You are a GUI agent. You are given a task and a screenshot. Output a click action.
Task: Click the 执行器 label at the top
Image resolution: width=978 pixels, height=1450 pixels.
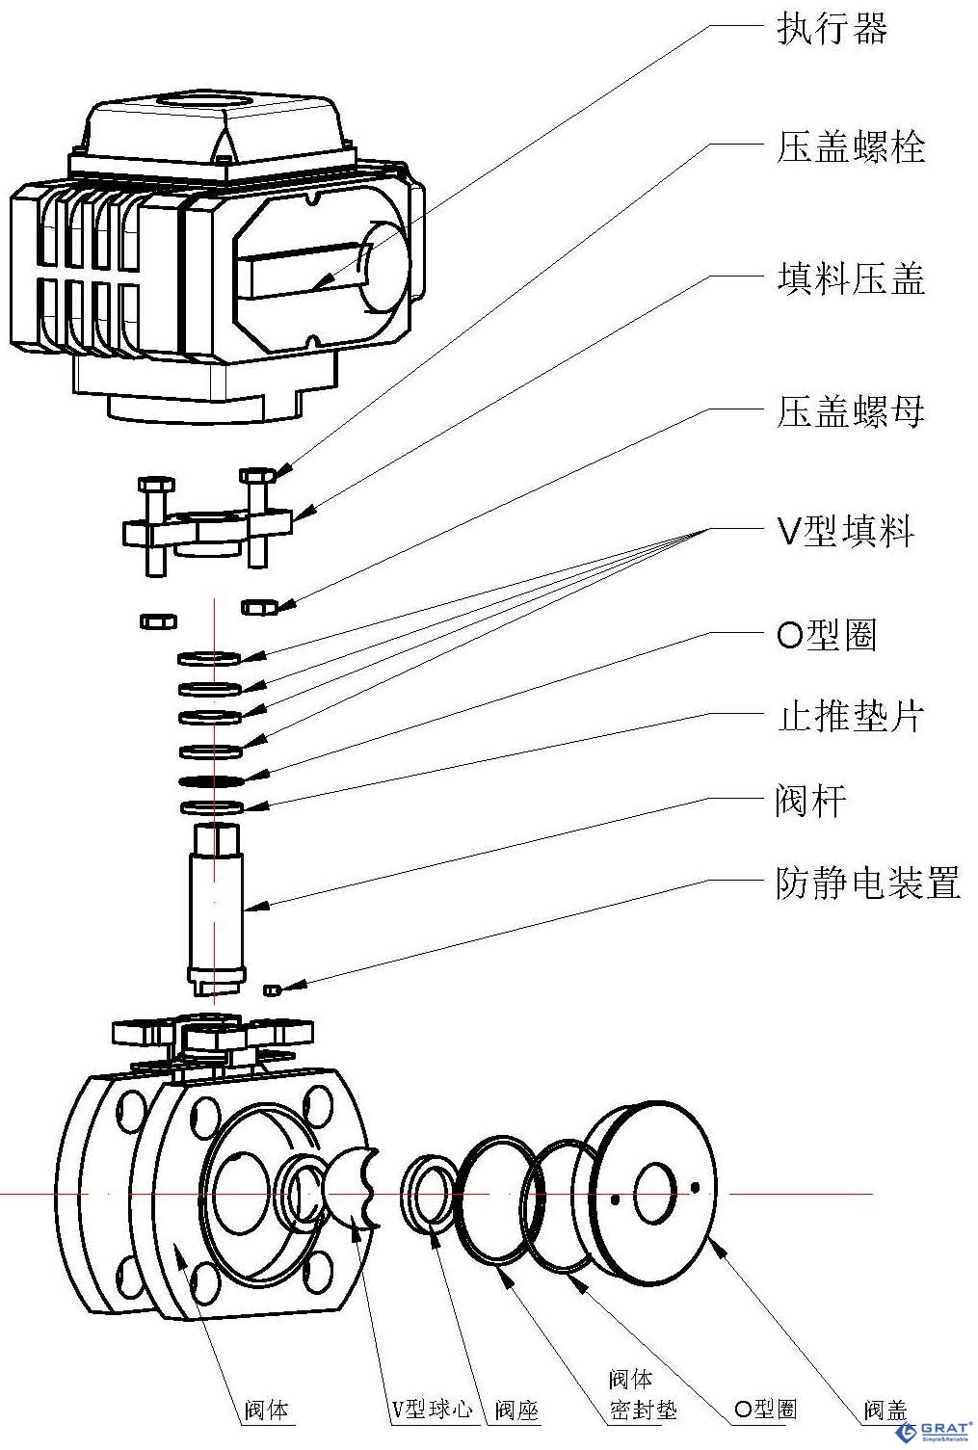click(832, 29)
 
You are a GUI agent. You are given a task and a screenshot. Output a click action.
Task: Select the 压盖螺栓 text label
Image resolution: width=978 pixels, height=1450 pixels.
click(850, 147)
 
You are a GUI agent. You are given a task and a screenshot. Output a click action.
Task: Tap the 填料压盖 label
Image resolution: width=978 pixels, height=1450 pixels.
click(850, 279)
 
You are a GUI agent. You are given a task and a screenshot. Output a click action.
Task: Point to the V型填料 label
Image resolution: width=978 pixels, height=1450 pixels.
click(845, 531)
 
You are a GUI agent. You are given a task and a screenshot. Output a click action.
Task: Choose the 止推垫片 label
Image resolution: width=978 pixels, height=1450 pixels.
click(850, 717)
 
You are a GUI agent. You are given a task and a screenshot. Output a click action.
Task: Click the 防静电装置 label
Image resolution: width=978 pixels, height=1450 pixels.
click(867, 883)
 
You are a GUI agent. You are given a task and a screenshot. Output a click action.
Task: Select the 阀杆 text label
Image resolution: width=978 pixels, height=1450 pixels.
click(810, 801)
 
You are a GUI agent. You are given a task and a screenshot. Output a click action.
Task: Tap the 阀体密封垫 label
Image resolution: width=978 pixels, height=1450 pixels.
click(643, 1395)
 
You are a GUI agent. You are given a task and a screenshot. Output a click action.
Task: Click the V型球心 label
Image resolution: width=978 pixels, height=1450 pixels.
click(432, 1409)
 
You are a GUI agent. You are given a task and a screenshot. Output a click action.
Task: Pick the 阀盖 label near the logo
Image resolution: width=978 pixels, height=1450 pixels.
click(885, 1410)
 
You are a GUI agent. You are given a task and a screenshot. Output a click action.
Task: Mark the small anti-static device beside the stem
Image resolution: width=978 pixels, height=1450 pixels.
click(272, 989)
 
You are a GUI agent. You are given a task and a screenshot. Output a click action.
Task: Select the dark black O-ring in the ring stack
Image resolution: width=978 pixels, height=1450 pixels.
click(210, 779)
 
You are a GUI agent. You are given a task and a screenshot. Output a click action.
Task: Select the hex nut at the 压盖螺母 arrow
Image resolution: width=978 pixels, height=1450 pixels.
click(258, 606)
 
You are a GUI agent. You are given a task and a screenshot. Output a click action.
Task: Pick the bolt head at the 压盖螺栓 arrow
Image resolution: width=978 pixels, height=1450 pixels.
click(257, 476)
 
